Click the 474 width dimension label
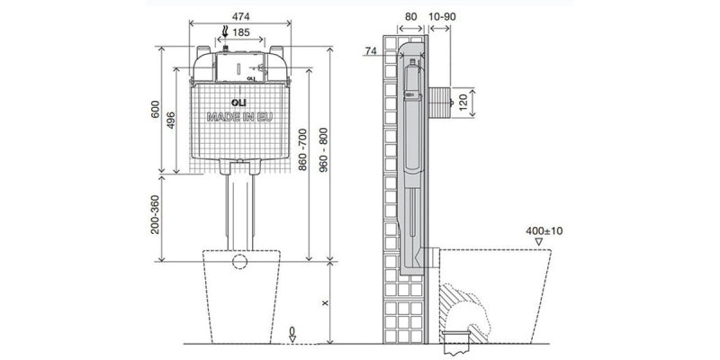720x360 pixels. coord(240,16)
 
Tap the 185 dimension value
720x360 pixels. coord(241,32)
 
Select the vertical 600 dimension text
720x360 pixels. coord(155,109)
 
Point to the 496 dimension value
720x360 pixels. coord(171,121)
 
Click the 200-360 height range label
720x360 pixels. coord(155,214)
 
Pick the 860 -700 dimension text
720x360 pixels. coord(302,149)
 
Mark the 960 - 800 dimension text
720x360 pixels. coord(323,149)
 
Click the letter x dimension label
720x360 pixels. coord(325,303)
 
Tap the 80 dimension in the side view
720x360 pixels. coord(411,16)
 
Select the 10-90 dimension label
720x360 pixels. coord(442,16)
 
